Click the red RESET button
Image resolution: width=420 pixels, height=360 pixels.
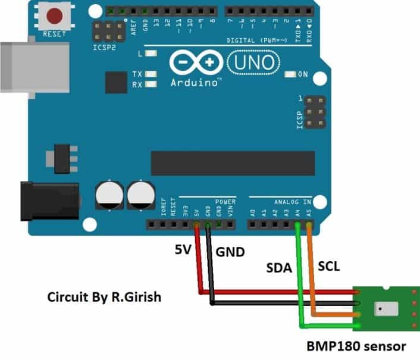[x=55, y=16]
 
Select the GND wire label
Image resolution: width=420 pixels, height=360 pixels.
[x=230, y=252]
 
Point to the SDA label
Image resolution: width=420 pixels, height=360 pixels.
[x=278, y=268]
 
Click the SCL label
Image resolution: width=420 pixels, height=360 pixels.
[x=329, y=267]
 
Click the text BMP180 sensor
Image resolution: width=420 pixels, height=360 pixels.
[x=356, y=346]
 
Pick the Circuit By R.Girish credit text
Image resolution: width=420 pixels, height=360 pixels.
[x=105, y=296]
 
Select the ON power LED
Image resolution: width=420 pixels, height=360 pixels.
[x=290, y=74]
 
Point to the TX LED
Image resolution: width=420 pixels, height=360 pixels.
[x=151, y=74]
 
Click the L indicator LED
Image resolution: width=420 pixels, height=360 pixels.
[x=151, y=54]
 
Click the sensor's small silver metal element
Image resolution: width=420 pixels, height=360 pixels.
[x=381, y=309]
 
